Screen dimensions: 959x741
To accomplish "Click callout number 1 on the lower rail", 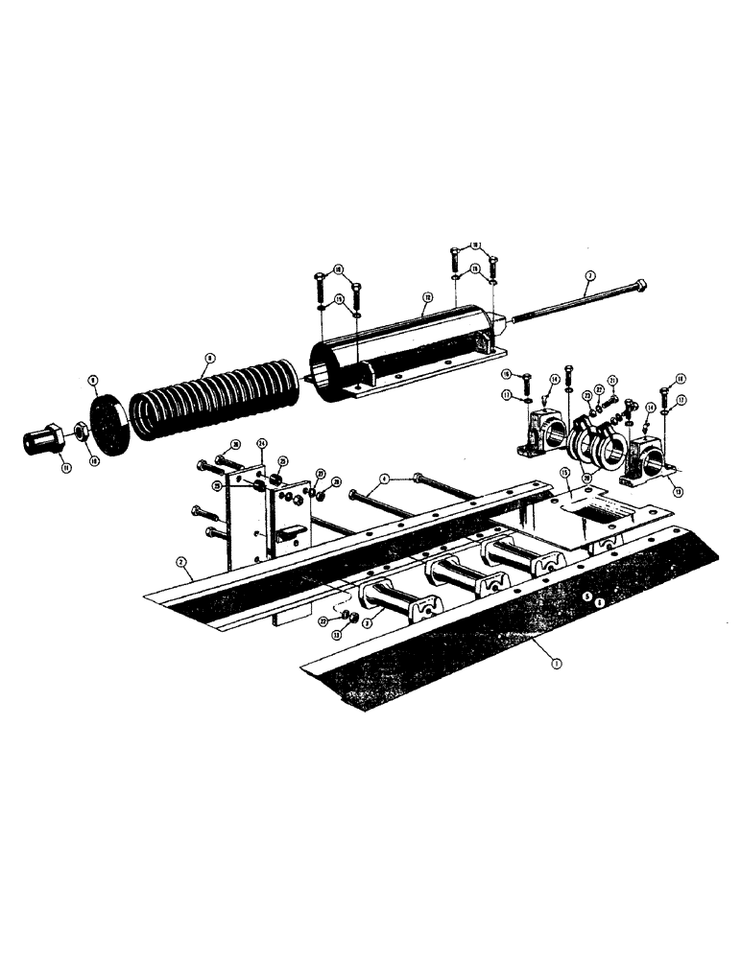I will [x=554, y=661].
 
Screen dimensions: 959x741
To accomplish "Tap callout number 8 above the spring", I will [x=204, y=359].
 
